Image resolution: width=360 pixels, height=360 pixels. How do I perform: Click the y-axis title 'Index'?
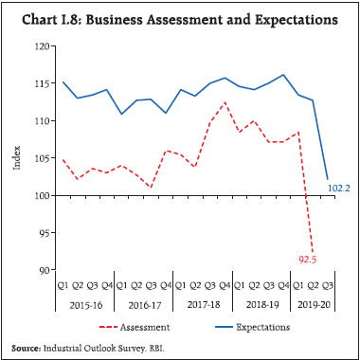click(16, 158)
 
